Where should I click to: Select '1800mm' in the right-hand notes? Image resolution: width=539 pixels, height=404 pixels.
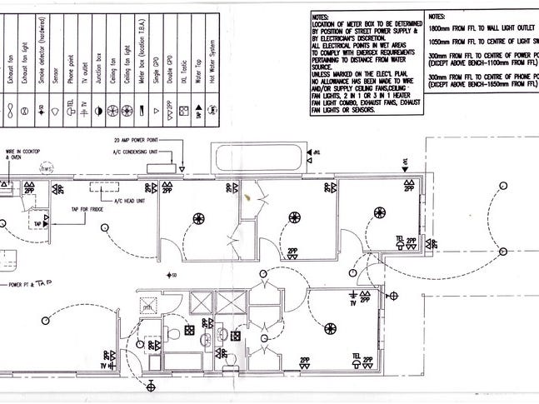pos(442,27)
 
